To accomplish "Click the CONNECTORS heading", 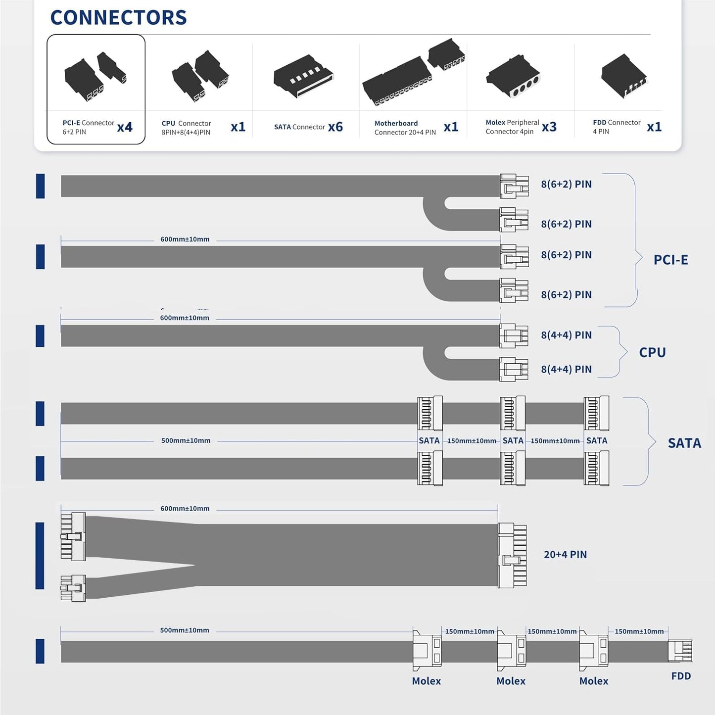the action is tap(118, 17).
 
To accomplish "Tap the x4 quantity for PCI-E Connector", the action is tap(125, 127).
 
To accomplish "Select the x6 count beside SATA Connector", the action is tap(335, 127).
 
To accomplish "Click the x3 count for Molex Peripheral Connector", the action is tap(549, 127).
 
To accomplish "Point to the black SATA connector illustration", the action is tap(303, 76).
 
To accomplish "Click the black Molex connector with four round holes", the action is tap(513, 76).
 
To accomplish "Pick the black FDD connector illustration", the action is tap(624, 76).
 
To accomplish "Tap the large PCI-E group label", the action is tap(671, 260).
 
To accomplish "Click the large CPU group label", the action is tap(652, 352).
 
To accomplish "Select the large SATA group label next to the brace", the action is tap(685, 443).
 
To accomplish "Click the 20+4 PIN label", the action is tap(565, 554).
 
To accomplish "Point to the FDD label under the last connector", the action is tap(681, 676).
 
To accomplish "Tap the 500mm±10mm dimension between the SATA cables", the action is tap(186, 440).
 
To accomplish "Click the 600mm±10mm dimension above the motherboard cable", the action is tap(185, 508).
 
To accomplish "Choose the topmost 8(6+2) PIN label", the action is tap(566, 184).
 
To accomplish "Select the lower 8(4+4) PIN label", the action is tap(566, 369).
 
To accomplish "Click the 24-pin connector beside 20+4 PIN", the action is tap(512, 555).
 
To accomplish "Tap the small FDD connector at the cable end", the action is tap(680, 651).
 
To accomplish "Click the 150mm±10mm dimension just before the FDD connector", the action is tap(639, 631).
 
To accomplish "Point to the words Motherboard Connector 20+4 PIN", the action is tap(405, 128).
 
